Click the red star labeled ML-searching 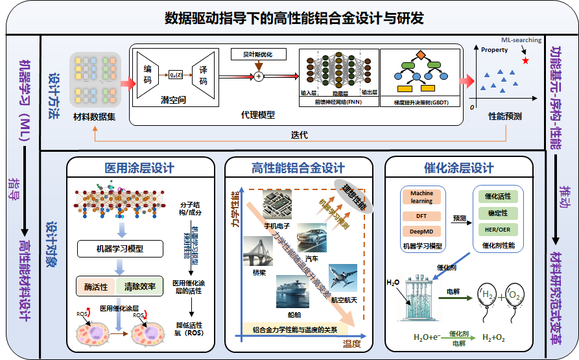point(525,60)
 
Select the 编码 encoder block point(148,75)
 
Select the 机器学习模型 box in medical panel point(119,248)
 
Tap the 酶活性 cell point(95,285)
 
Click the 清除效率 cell point(139,285)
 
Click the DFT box point(421,215)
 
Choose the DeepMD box point(421,231)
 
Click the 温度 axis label point(352,342)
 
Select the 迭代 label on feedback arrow point(300,135)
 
